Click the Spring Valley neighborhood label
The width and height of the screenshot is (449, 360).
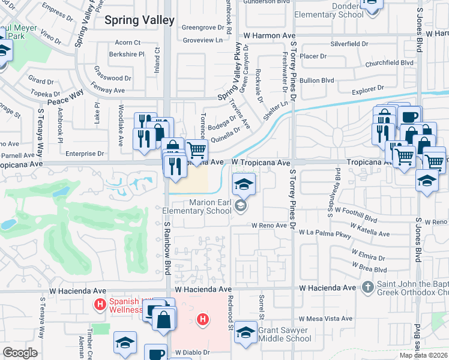(x=139, y=20)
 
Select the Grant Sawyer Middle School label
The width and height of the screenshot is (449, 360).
(x=285, y=334)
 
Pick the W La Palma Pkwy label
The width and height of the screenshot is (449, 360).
(x=325, y=232)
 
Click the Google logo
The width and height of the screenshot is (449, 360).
(x=20, y=353)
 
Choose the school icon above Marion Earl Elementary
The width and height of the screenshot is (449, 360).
(x=244, y=185)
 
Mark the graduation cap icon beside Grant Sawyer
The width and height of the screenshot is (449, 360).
(x=246, y=334)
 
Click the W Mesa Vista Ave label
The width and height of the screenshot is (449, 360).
(x=325, y=319)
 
